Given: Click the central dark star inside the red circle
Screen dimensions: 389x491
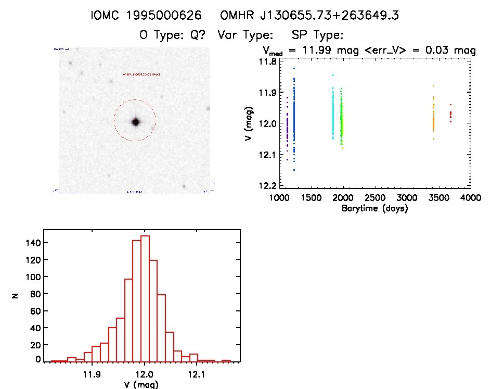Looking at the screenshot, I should click(136, 122).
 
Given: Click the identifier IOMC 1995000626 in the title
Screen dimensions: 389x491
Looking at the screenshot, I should click(146, 16).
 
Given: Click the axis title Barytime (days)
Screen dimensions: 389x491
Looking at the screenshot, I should click(374, 208).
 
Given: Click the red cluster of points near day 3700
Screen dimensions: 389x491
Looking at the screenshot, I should click(450, 114).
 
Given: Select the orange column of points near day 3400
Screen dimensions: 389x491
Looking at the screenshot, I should click(433, 121).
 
